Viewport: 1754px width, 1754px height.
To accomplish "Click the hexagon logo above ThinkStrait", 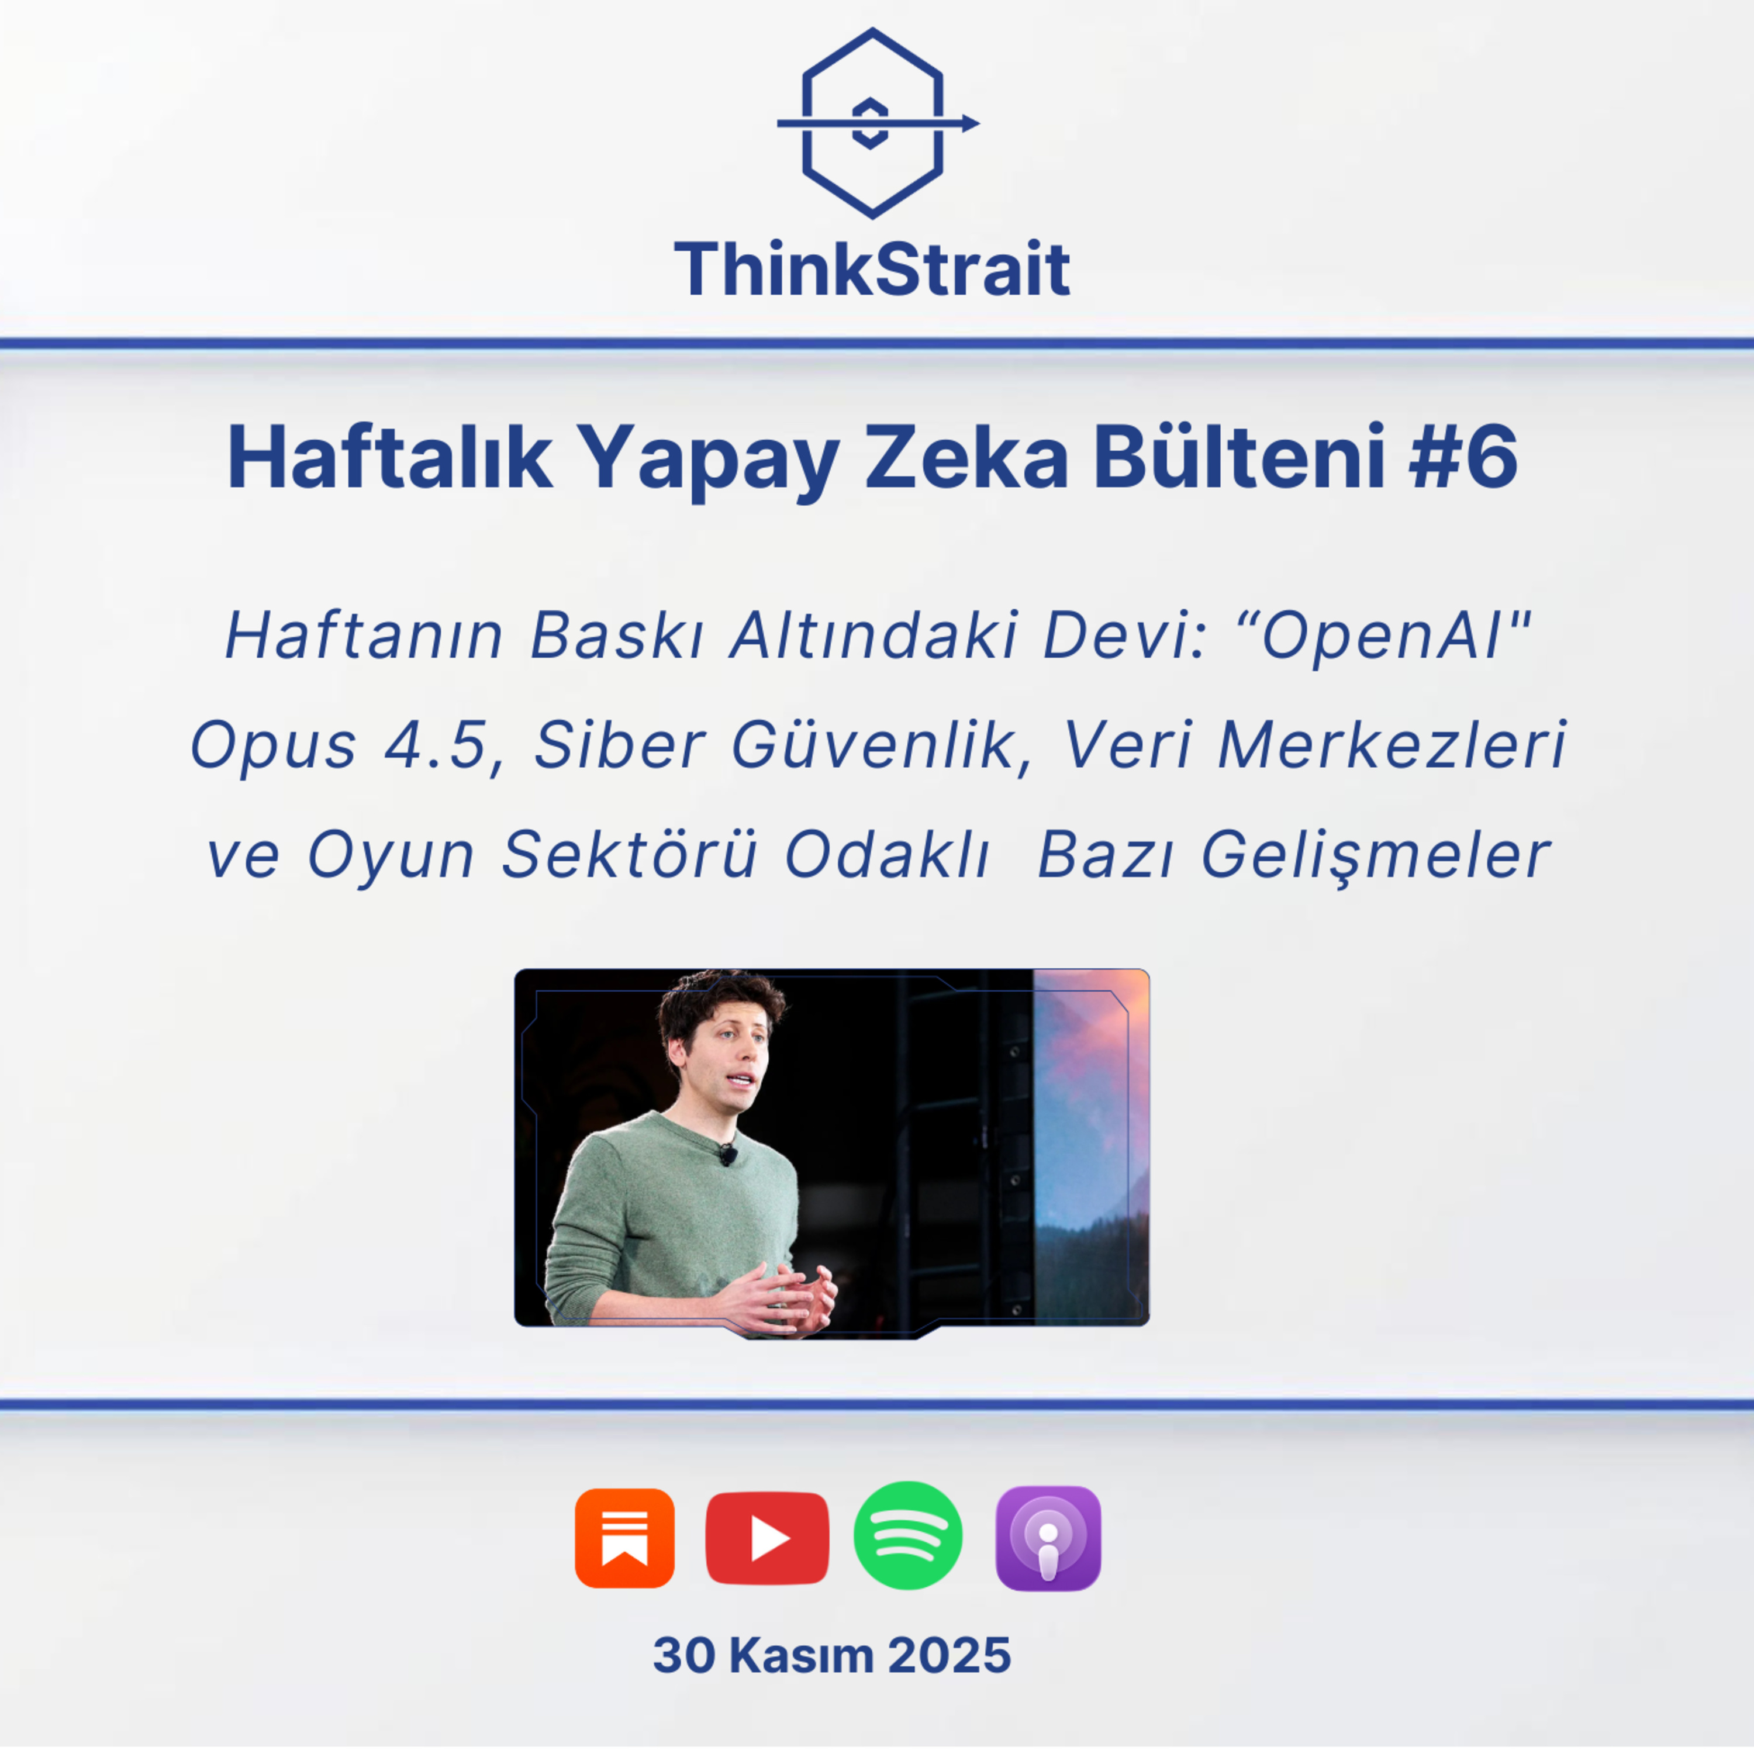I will click(872, 123).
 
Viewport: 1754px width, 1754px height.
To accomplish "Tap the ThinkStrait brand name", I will click(872, 270).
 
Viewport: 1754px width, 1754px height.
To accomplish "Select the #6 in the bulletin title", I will click(1463, 458).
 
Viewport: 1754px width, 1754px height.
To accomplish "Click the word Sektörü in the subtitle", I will click(629, 855).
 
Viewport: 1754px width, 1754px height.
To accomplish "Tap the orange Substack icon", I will click(624, 1538).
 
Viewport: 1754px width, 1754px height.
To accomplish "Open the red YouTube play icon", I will click(767, 1538).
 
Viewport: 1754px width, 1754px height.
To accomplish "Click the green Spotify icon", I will click(908, 1536).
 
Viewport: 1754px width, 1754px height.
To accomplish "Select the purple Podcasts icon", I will click(1048, 1538).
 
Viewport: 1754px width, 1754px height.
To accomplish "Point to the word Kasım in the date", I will click(801, 1655).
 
